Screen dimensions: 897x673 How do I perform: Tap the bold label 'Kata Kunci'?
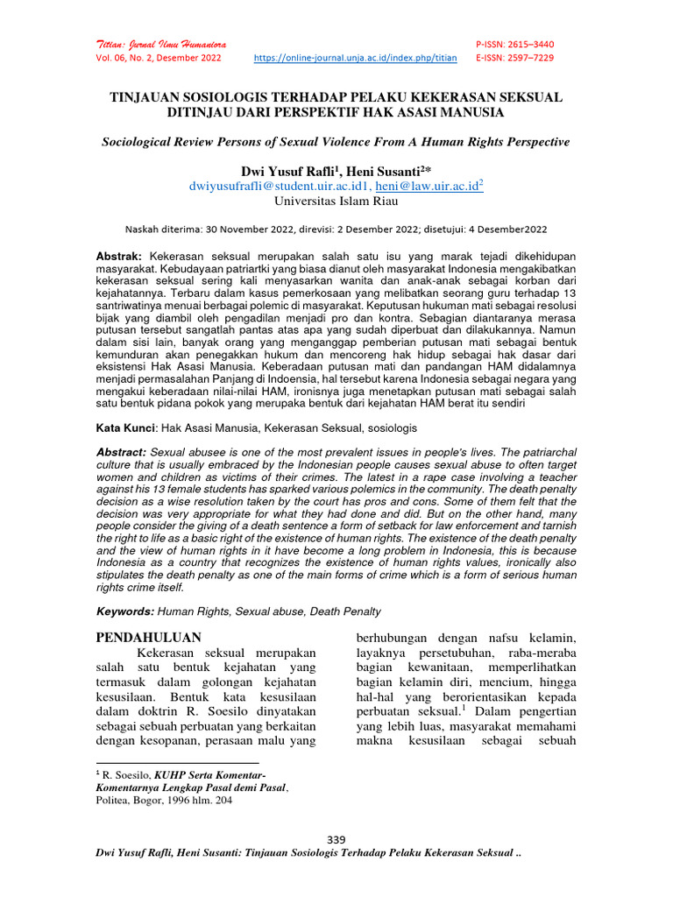[x=124, y=428]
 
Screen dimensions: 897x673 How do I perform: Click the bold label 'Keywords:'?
[x=124, y=611]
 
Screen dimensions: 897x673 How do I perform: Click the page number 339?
[x=336, y=840]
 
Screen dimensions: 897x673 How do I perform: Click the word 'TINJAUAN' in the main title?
[x=149, y=96]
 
